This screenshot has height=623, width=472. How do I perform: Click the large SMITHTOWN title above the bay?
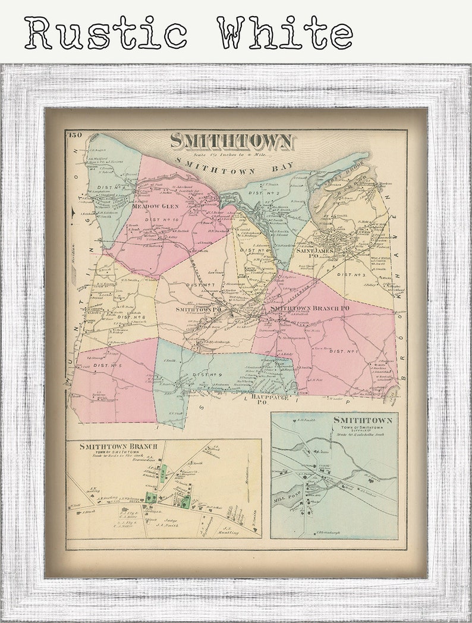click(231, 142)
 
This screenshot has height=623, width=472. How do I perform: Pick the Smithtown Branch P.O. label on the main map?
click(309, 308)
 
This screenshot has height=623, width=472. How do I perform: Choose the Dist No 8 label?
click(133, 317)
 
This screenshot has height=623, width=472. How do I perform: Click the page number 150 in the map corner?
click(75, 134)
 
